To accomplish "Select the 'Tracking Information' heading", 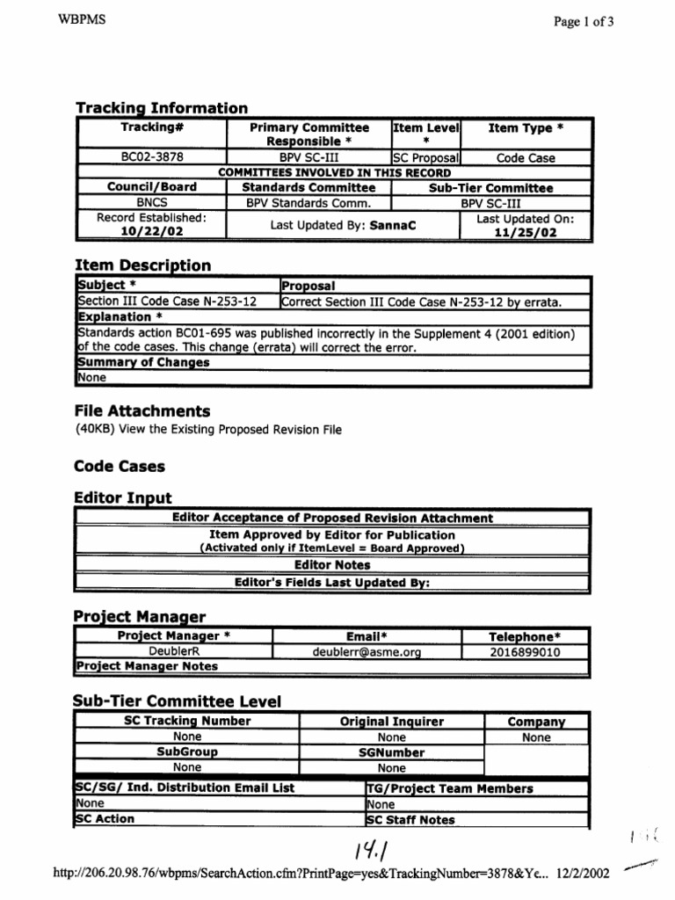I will tap(161, 108).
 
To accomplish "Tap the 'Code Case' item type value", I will tap(526, 158).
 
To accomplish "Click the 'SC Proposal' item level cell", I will tap(426, 158).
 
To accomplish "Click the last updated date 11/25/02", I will tap(526, 233).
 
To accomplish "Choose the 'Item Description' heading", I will tap(142, 265).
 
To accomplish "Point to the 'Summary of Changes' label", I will tap(143, 362).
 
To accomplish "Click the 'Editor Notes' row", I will tap(332, 565).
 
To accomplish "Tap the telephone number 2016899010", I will tap(526, 652).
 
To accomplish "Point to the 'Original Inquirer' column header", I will tap(392, 722).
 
